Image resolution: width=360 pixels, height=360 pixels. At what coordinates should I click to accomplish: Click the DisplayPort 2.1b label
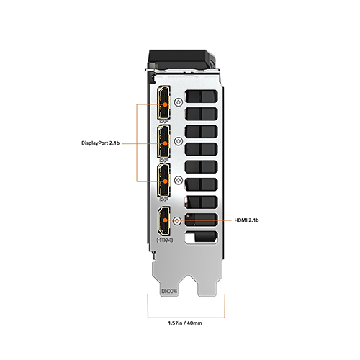(x=101, y=143)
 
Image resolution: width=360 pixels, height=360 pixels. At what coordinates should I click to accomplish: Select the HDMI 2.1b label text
(x=246, y=220)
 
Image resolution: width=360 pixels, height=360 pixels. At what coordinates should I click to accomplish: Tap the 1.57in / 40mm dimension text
(x=185, y=323)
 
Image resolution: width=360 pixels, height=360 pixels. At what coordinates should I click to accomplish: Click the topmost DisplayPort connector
(x=164, y=102)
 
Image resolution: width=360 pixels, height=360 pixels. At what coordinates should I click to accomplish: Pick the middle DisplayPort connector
(x=164, y=141)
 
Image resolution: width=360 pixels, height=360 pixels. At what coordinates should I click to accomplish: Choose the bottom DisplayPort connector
(x=164, y=181)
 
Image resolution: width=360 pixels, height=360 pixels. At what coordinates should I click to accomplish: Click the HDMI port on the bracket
(x=164, y=220)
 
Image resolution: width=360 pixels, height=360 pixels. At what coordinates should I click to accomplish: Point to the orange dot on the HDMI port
(x=165, y=220)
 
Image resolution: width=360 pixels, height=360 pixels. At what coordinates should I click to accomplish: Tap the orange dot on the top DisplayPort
(x=165, y=104)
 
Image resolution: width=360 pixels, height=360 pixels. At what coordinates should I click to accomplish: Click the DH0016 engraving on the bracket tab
(x=169, y=291)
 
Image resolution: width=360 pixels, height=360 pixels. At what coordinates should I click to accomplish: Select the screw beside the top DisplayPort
(x=179, y=102)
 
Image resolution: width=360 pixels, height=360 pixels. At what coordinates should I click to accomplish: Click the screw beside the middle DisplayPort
(x=179, y=141)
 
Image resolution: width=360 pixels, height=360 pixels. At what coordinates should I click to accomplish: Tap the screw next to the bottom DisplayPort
(x=179, y=180)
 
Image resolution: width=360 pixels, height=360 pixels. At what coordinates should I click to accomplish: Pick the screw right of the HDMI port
(x=177, y=220)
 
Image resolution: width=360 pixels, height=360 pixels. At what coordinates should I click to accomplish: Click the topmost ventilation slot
(x=201, y=96)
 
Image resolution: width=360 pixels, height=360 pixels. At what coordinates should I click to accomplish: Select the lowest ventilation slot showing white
(x=201, y=238)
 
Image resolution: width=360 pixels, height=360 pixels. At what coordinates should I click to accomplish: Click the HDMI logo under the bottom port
(x=165, y=240)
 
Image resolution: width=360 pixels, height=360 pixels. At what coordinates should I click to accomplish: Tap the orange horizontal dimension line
(x=186, y=318)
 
